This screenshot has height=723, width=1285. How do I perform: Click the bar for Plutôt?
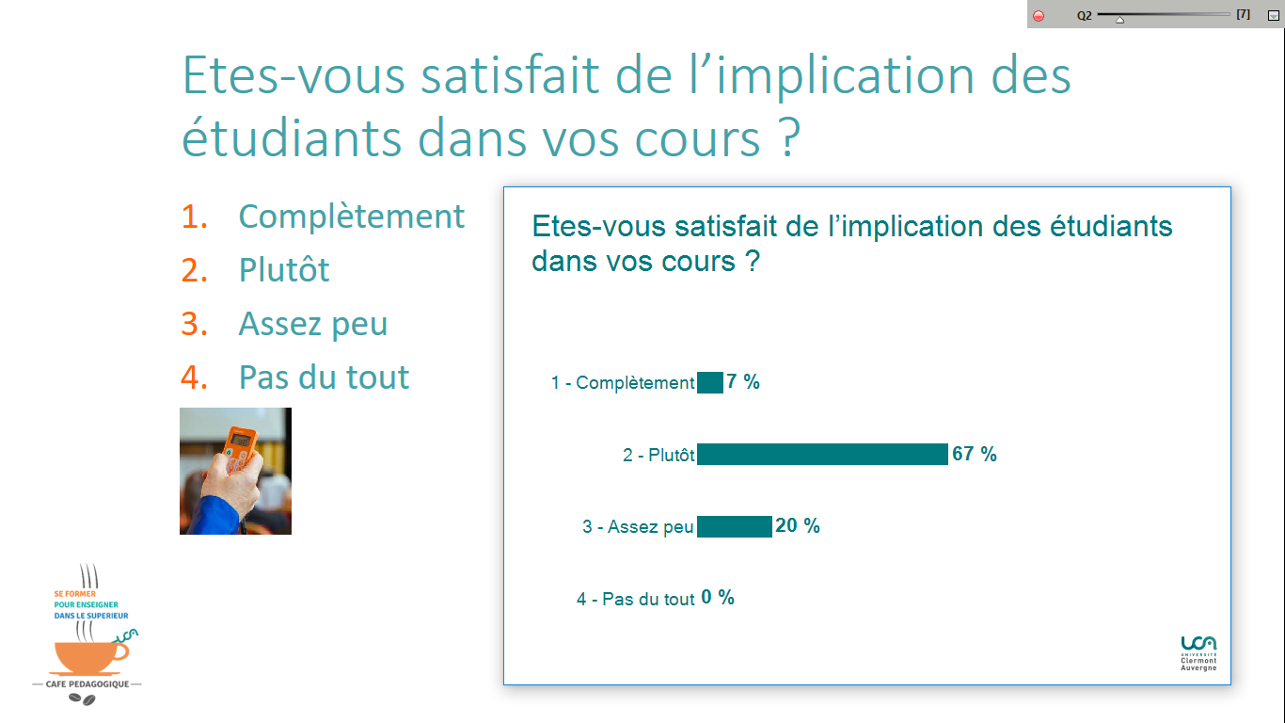(x=822, y=455)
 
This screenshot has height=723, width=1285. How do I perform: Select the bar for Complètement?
(x=709, y=382)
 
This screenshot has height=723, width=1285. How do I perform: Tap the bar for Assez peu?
(x=735, y=526)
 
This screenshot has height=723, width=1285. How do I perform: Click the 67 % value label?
(x=974, y=454)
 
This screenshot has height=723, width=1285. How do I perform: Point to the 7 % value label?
(x=743, y=381)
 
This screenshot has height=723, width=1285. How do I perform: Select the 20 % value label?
(x=798, y=525)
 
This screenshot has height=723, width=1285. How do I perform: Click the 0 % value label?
(x=718, y=597)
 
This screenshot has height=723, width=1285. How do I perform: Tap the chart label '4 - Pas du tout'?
(x=636, y=599)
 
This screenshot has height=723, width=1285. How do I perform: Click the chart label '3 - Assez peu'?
(x=638, y=526)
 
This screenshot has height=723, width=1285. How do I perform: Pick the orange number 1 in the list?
(x=194, y=217)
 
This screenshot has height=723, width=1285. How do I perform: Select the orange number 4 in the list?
(x=194, y=378)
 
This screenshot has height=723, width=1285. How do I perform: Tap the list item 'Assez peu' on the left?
(x=313, y=323)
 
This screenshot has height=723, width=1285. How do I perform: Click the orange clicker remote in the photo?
(x=240, y=449)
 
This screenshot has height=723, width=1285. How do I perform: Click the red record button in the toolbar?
(x=1039, y=15)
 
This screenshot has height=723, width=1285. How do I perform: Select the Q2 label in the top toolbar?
(x=1085, y=15)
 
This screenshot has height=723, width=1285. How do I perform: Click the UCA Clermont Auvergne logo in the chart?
(x=1198, y=653)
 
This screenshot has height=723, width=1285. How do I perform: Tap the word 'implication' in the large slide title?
(x=845, y=76)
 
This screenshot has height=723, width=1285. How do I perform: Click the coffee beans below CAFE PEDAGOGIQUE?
(x=82, y=699)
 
